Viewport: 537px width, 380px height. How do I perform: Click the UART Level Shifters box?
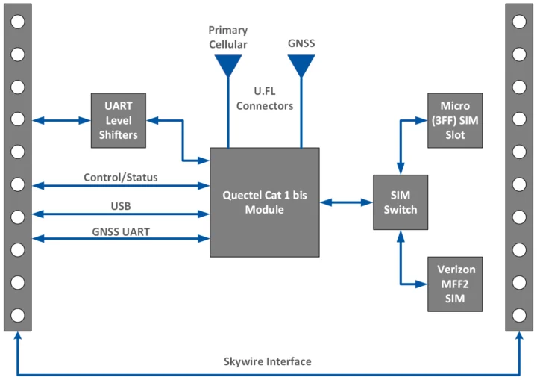[x=119, y=119]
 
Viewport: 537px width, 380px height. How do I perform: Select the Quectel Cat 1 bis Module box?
[x=265, y=202]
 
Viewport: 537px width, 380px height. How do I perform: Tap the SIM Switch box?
[x=401, y=202]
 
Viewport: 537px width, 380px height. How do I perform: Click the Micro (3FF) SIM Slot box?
[x=455, y=119]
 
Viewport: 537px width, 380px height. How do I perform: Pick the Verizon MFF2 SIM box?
[x=455, y=284]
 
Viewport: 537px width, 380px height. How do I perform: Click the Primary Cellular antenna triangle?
[x=228, y=66]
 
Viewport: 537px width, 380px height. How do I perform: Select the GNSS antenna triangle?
[x=301, y=66]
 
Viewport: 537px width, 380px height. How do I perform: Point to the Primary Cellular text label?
[x=228, y=37]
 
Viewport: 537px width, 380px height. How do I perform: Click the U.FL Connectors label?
[x=265, y=99]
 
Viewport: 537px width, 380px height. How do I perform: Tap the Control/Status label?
[x=120, y=177]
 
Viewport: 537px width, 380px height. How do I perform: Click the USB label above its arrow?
[x=120, y=205]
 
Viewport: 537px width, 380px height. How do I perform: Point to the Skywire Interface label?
[x=268, y=361]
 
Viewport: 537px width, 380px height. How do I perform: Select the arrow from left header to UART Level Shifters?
[x=61, y=119]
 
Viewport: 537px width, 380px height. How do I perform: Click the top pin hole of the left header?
[x=18, y=21]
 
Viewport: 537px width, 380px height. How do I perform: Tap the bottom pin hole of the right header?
[x=519, y=315]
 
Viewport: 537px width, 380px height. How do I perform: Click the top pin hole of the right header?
[x=519, y=21]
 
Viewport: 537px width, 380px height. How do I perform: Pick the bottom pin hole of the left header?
[x=18, y=315]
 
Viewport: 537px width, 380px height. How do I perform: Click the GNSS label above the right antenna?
[x=301, y=44]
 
